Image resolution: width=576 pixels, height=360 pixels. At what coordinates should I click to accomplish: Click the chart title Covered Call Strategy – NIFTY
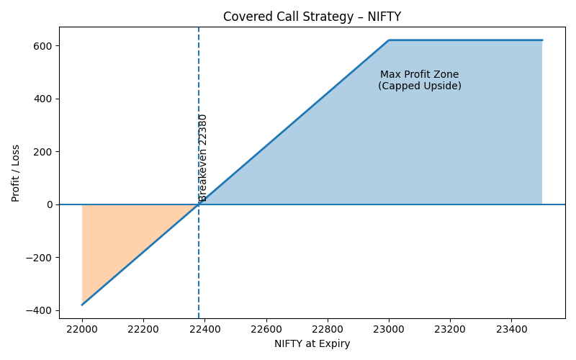(x=312, y=17)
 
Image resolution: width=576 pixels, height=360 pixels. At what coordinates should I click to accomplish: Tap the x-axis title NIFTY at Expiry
(x=312, y=344)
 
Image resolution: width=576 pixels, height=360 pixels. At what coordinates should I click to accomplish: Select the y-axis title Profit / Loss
(x=16, y=173)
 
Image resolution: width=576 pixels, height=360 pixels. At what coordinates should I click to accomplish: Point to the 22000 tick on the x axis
(x=82, y=328)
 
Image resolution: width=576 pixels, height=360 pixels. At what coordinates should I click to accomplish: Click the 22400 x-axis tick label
(x=204, y=328)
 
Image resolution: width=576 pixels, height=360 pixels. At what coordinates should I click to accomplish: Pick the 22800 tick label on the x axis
(x=328, y=328)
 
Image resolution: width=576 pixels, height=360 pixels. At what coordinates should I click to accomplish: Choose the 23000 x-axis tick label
(x=389, y=328)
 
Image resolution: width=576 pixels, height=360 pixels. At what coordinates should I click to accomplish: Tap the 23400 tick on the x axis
(x=511, y=328)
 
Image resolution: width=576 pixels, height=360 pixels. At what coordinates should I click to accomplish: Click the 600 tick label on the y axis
(x=44, y=46)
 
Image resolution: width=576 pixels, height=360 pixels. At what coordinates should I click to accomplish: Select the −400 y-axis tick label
(x=40, y=310)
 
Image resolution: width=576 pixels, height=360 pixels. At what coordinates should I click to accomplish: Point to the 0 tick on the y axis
(x=50, y=204)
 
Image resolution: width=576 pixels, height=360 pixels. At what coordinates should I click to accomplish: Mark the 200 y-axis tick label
(x=44, y=152)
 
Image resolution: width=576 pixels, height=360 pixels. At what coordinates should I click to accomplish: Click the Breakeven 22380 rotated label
(x=203, y=157)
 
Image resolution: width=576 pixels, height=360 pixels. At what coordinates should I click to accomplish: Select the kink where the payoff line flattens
(x=389, y=40)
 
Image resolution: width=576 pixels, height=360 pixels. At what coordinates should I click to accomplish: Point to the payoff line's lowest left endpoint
(x=82, y=305)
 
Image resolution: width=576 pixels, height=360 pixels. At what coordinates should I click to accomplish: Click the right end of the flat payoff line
(x=542, y=40)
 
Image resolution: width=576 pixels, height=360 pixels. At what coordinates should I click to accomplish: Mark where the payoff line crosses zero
(x=199, y=204)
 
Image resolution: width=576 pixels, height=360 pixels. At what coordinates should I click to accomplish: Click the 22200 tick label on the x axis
(x=143, y=328)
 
